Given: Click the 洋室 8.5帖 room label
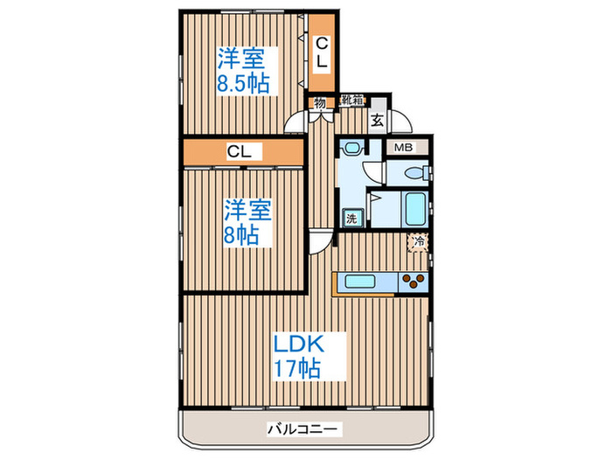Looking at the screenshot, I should tap(242, 72).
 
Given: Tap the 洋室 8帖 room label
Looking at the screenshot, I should tap(247, 222).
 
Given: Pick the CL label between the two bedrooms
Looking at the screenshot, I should tap(240, 152).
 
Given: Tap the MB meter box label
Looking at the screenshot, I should tap(405, 148).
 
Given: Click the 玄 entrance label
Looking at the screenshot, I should tap(376, 122).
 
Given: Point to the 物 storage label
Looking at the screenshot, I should tap(320, 102).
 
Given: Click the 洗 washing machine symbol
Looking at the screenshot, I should tap(351, 219).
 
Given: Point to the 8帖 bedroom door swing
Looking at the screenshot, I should tap(322, 240).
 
